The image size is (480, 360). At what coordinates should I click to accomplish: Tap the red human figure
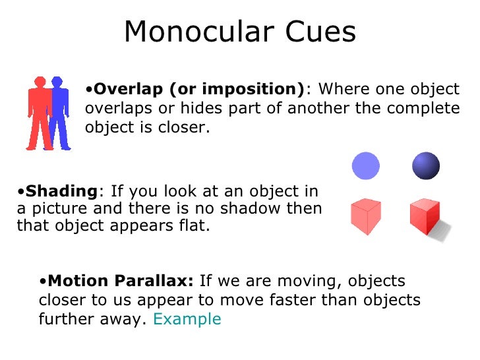38,112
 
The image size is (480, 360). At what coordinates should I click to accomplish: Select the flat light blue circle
366,165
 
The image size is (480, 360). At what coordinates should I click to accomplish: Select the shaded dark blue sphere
425,165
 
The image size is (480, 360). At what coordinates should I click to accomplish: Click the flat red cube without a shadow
365,216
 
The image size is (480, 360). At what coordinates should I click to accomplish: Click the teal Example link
187,319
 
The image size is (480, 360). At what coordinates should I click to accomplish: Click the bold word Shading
60,191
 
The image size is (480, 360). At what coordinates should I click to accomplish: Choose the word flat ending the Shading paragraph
195,226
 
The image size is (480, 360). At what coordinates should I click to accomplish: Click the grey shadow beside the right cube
443,229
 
